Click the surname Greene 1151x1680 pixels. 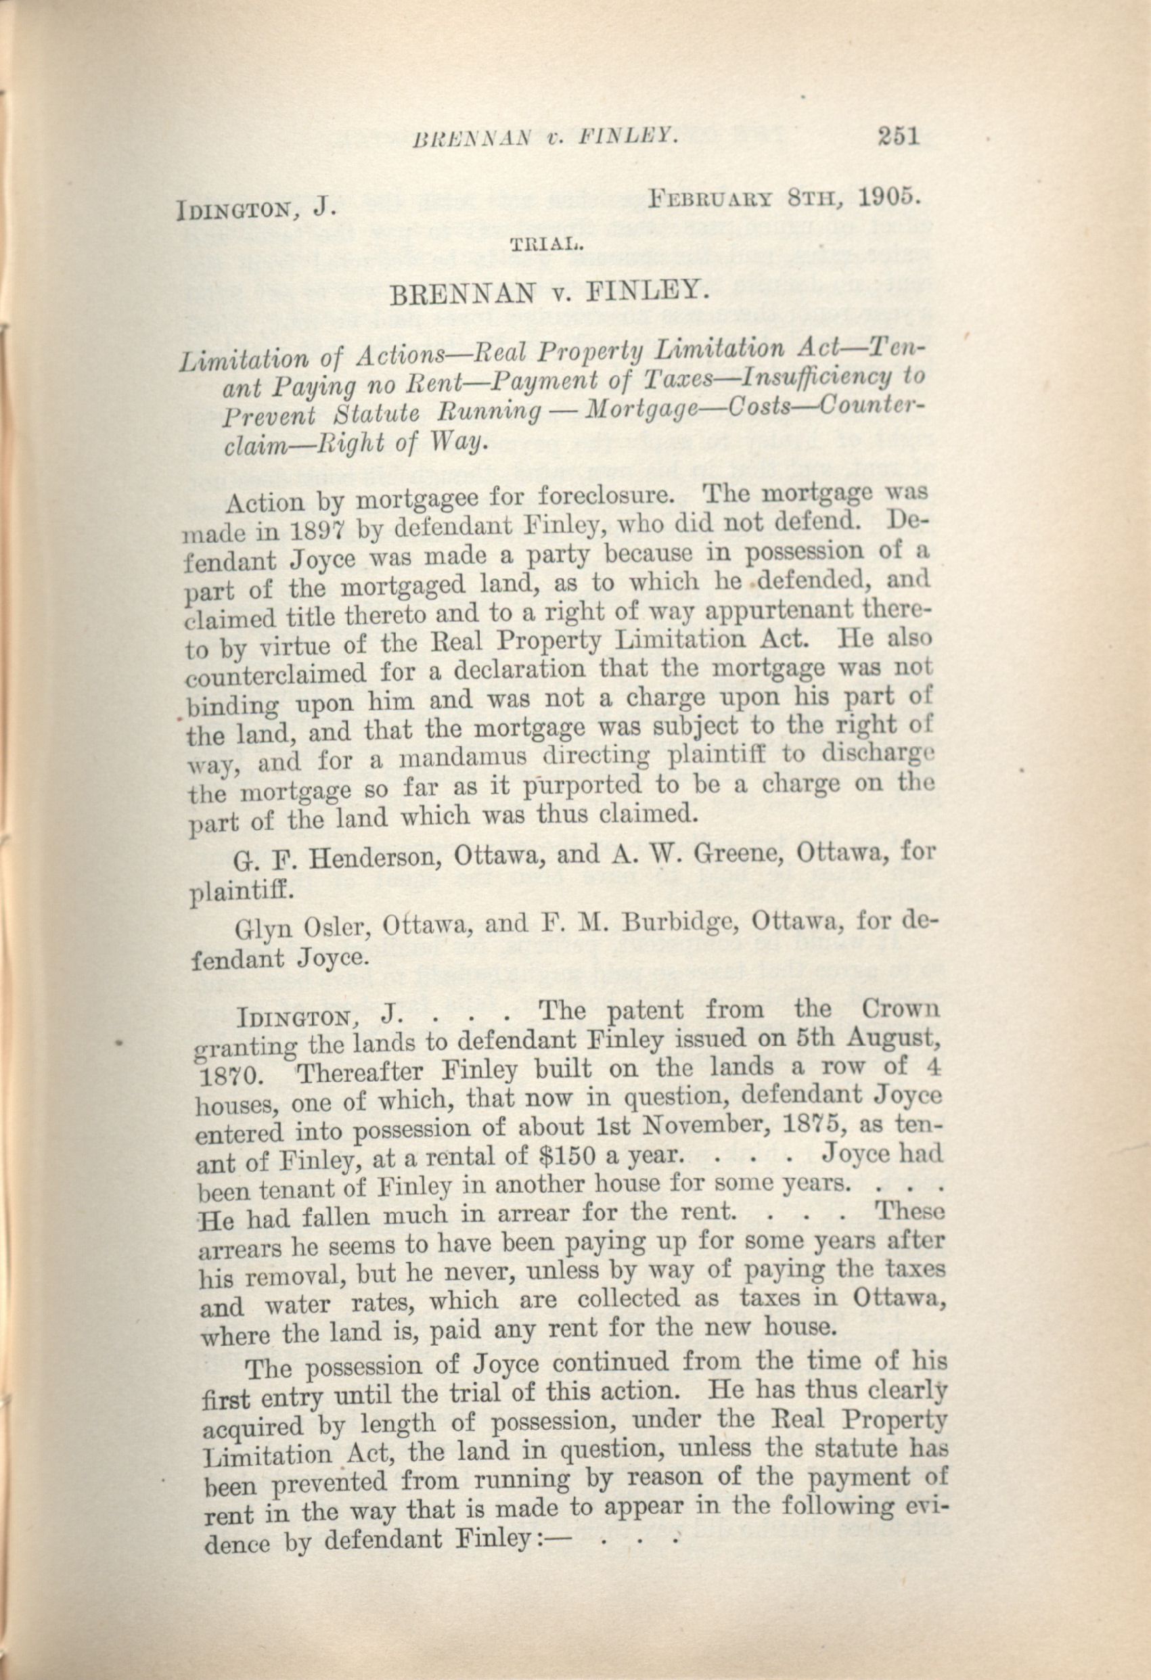point(745,853)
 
